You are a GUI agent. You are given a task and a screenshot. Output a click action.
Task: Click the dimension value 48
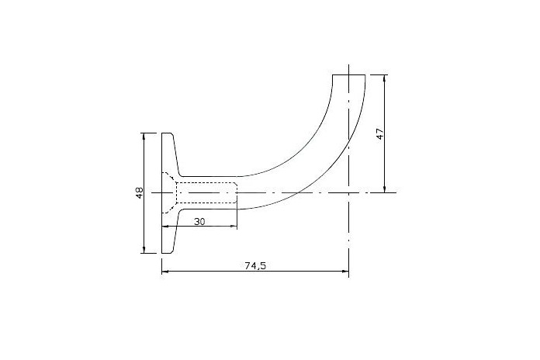(x=139, y=192)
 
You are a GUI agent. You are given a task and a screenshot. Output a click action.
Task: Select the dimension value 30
(x=199, y=222)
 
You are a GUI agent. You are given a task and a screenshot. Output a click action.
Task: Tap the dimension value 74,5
(x=256, y=265)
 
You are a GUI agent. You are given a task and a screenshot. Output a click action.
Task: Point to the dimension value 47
(x=380, y=133)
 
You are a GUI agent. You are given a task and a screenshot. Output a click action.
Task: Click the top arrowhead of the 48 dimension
(x=144, y=135)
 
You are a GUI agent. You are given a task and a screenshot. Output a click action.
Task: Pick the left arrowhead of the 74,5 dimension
(x=164, y=272)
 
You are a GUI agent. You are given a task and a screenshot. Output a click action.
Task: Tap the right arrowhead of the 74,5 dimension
(x=346, y=272)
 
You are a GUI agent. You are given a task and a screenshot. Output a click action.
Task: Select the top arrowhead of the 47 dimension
(x=385, y=78)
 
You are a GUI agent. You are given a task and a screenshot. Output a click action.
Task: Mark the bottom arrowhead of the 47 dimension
(x=385, y=189)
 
